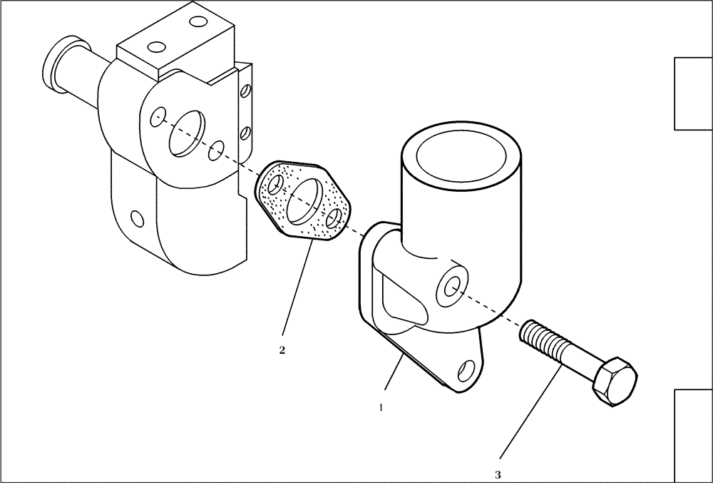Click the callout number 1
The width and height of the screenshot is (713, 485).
pyautogui.click(x=381, y=408)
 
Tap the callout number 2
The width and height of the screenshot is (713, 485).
pyautogui.click(x=282, y=350)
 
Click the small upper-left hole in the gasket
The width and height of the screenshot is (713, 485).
pyautogui.click(x=274, y=185)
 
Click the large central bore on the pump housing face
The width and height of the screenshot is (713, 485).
pyautogui.click(x=185, y=133)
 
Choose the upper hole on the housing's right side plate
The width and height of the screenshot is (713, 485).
pyautogui.click(x=245, y=91)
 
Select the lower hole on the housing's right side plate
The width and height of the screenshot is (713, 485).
pyautogui.click(x=245, y=132)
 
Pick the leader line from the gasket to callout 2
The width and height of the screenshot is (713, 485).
pyautogui.click(x=298, y=290)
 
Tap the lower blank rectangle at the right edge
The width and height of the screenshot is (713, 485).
pyautogui.click(x=694, y=436)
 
